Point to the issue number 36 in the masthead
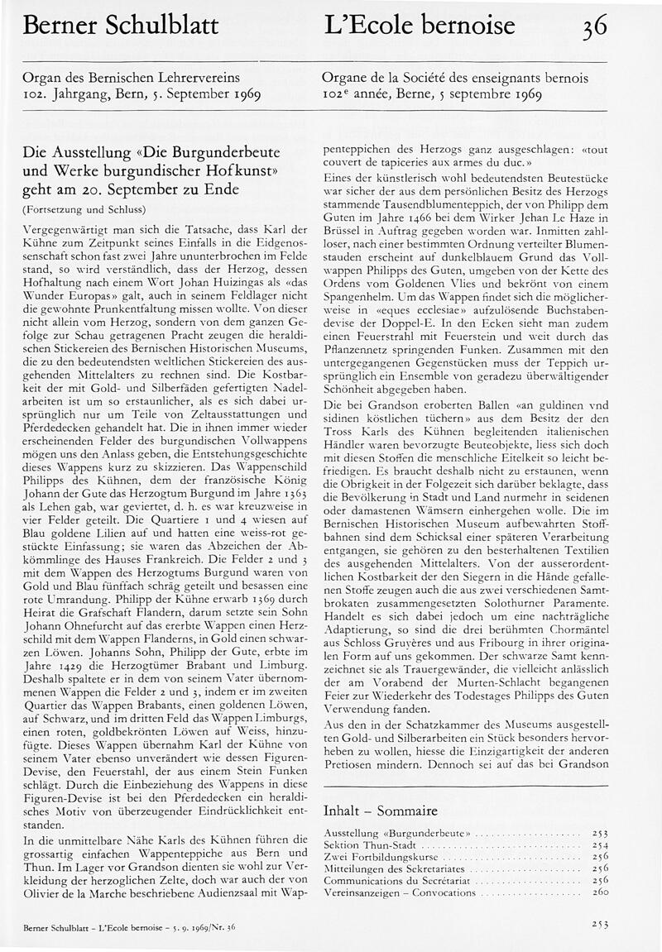click(x=593, y=26)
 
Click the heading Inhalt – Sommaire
click(x=380, y=811)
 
